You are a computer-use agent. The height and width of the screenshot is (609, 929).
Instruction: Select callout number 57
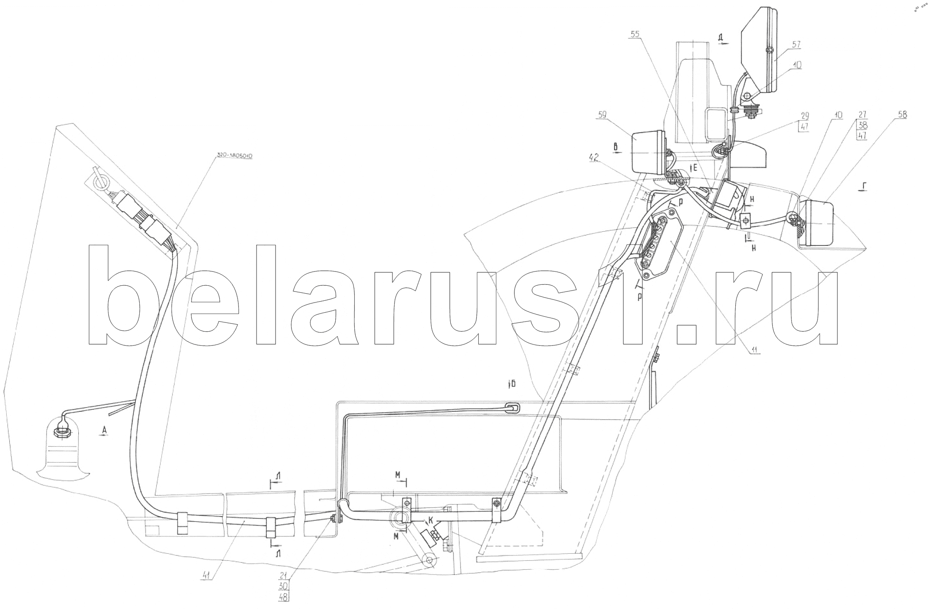tap(796, 44)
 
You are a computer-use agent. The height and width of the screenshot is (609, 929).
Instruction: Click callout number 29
tap(804, 116)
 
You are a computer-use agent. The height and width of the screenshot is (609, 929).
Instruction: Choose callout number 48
tap(284, 598)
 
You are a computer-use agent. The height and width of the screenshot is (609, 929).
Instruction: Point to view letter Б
tap(512, 384)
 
